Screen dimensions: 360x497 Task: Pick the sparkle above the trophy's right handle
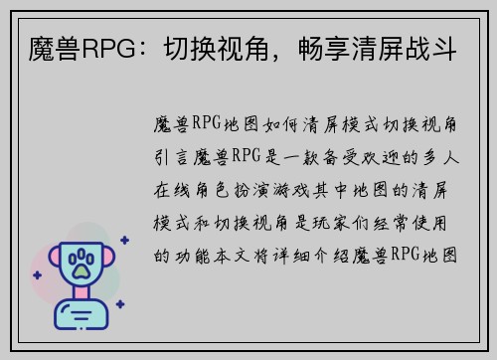click(123, 240)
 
